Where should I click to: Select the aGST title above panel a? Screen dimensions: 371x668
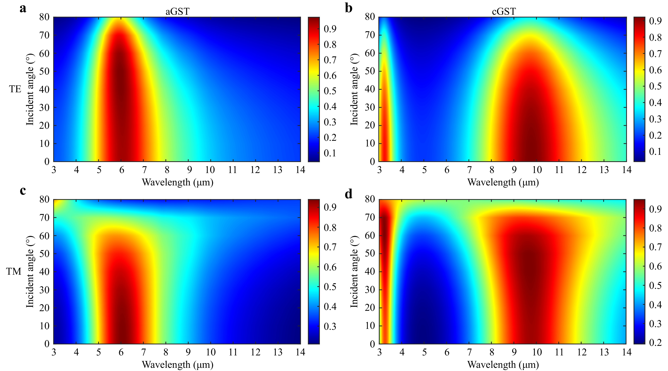(x=177, y=12)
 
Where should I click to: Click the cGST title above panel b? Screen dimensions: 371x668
(x=504, y=12)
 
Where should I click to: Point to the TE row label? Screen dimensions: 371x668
(x=15, y=89)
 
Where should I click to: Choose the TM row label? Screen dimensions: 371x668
(x=14, y=271)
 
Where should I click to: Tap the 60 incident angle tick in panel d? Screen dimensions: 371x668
(x=370, y=236)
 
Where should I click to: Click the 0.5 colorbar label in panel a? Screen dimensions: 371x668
(x=330, y=91)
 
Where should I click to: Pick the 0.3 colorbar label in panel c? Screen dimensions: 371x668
(x=330, y=326)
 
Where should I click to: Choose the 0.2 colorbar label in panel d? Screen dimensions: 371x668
(x=655, y=342)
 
